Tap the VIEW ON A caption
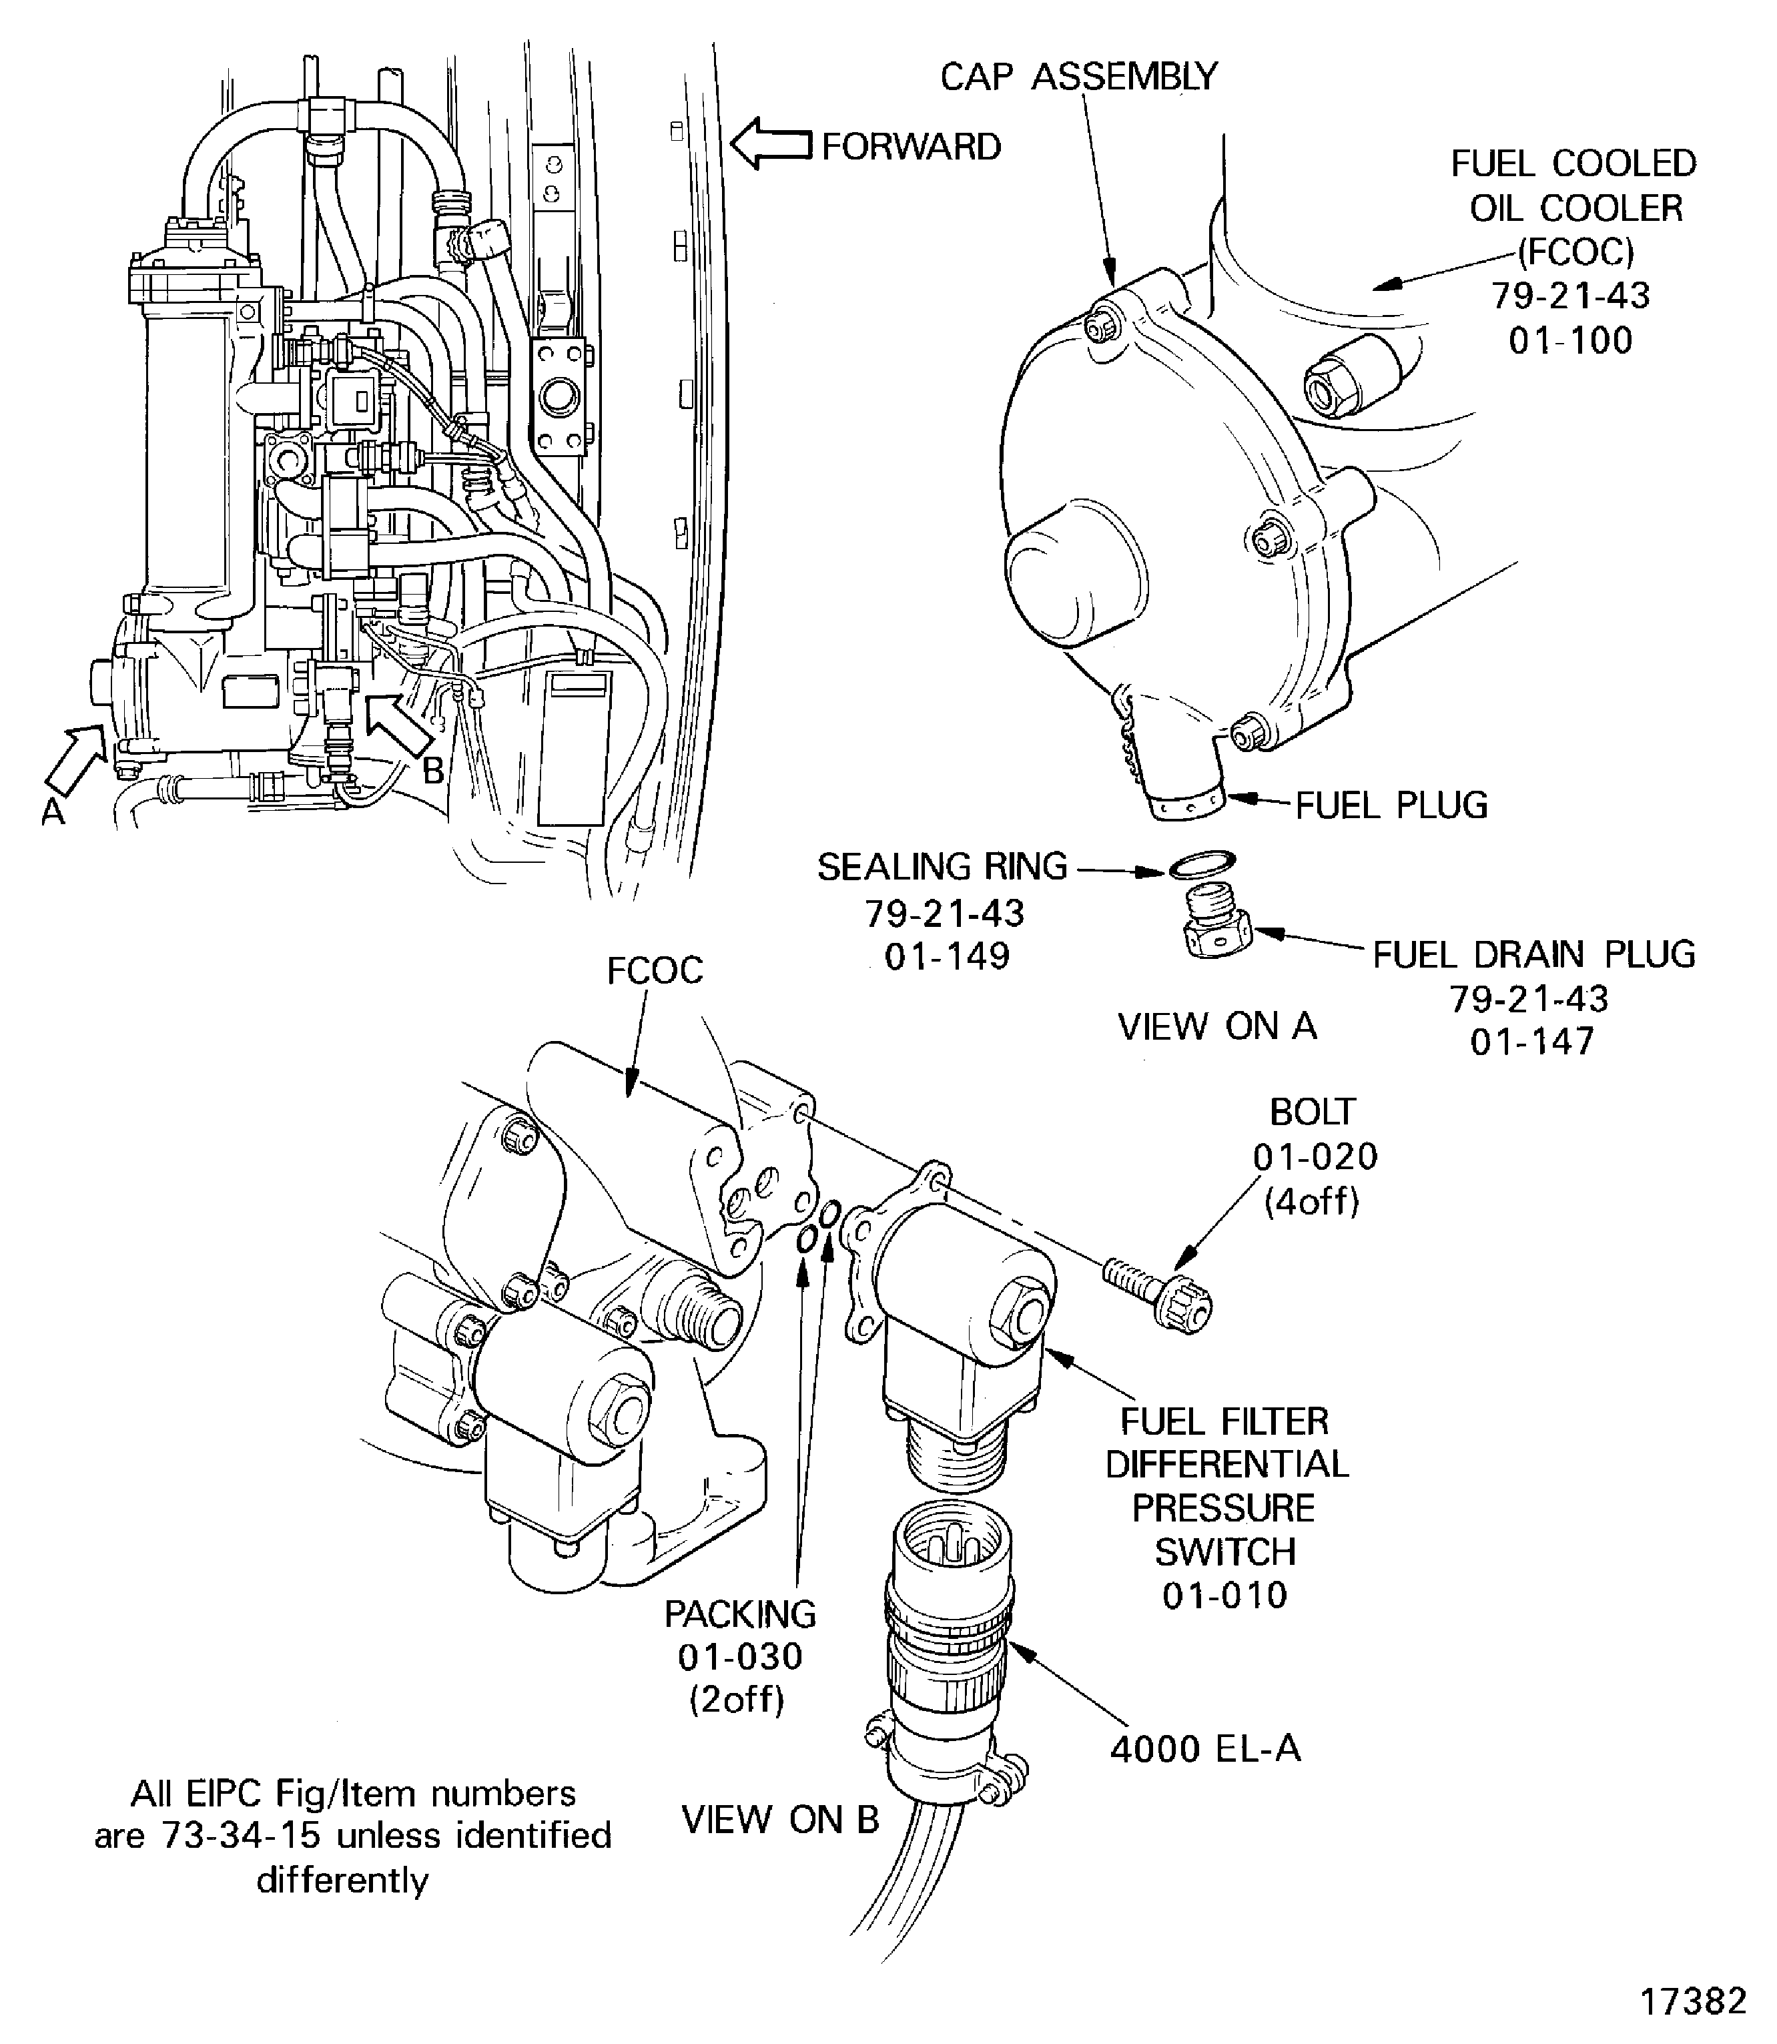[x=1216, y=1026]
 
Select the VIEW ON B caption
[x=781, y=1820]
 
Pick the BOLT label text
[x=1312, y=1112]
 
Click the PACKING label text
[x=740, y=1614]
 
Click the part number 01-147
[x=1532, y=1041]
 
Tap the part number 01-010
[x=1224, y=1595]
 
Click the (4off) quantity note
[x=1311, y=1201]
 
